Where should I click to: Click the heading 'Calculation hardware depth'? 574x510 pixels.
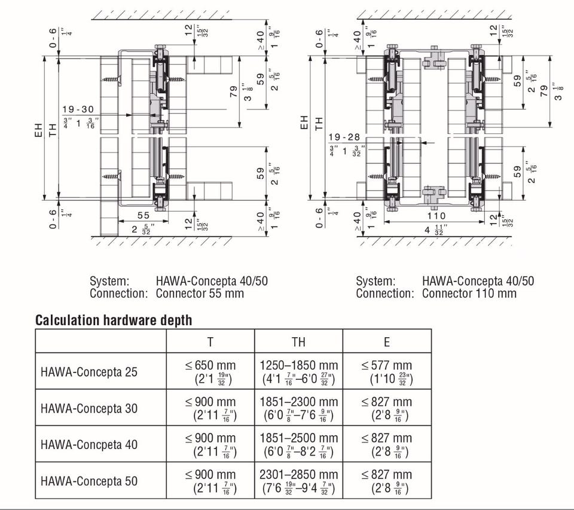(x=114, y=320)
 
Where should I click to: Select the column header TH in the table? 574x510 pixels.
(x=298, y=341)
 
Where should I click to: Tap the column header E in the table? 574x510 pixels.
(x=387, y=341)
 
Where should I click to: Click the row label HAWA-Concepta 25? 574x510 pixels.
(x=89, y=372)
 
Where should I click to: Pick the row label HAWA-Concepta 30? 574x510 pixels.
(x=89, y=408)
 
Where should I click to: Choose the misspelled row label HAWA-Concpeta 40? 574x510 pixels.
(x=89, y=445)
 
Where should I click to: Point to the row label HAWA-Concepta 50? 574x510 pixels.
(x=89, y=481)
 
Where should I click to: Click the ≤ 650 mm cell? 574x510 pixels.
(x=210, y=365)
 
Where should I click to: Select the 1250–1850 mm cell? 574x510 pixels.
(x=299, y=365)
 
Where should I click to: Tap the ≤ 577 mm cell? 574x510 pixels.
(x=387, y=365)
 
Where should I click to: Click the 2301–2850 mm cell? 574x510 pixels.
(x=299, y=474)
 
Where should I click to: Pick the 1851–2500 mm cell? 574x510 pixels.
(x=299, y=438)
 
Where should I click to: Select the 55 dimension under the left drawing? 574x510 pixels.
(x=143, y=215)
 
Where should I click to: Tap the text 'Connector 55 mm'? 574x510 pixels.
(x=200, y=294)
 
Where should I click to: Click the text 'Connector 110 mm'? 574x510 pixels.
(x=469, y=294)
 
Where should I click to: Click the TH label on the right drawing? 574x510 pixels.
(x=319, y=124)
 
